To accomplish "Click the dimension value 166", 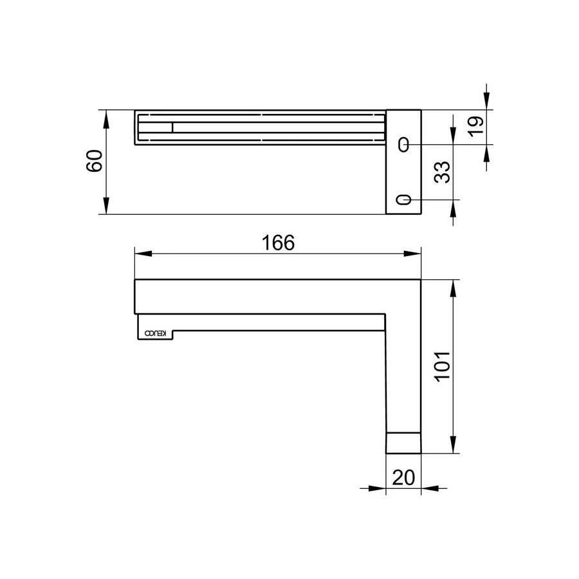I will coord(277,243).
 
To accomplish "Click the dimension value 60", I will coord(94,161).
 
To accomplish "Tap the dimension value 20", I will coord(403,477).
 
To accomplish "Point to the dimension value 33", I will coord(443,172).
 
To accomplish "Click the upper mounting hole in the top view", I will coord(403,145).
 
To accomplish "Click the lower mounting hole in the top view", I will coord(403,200).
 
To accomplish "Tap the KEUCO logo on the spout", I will coord(156,333).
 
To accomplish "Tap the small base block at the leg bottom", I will coord(403,443).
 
